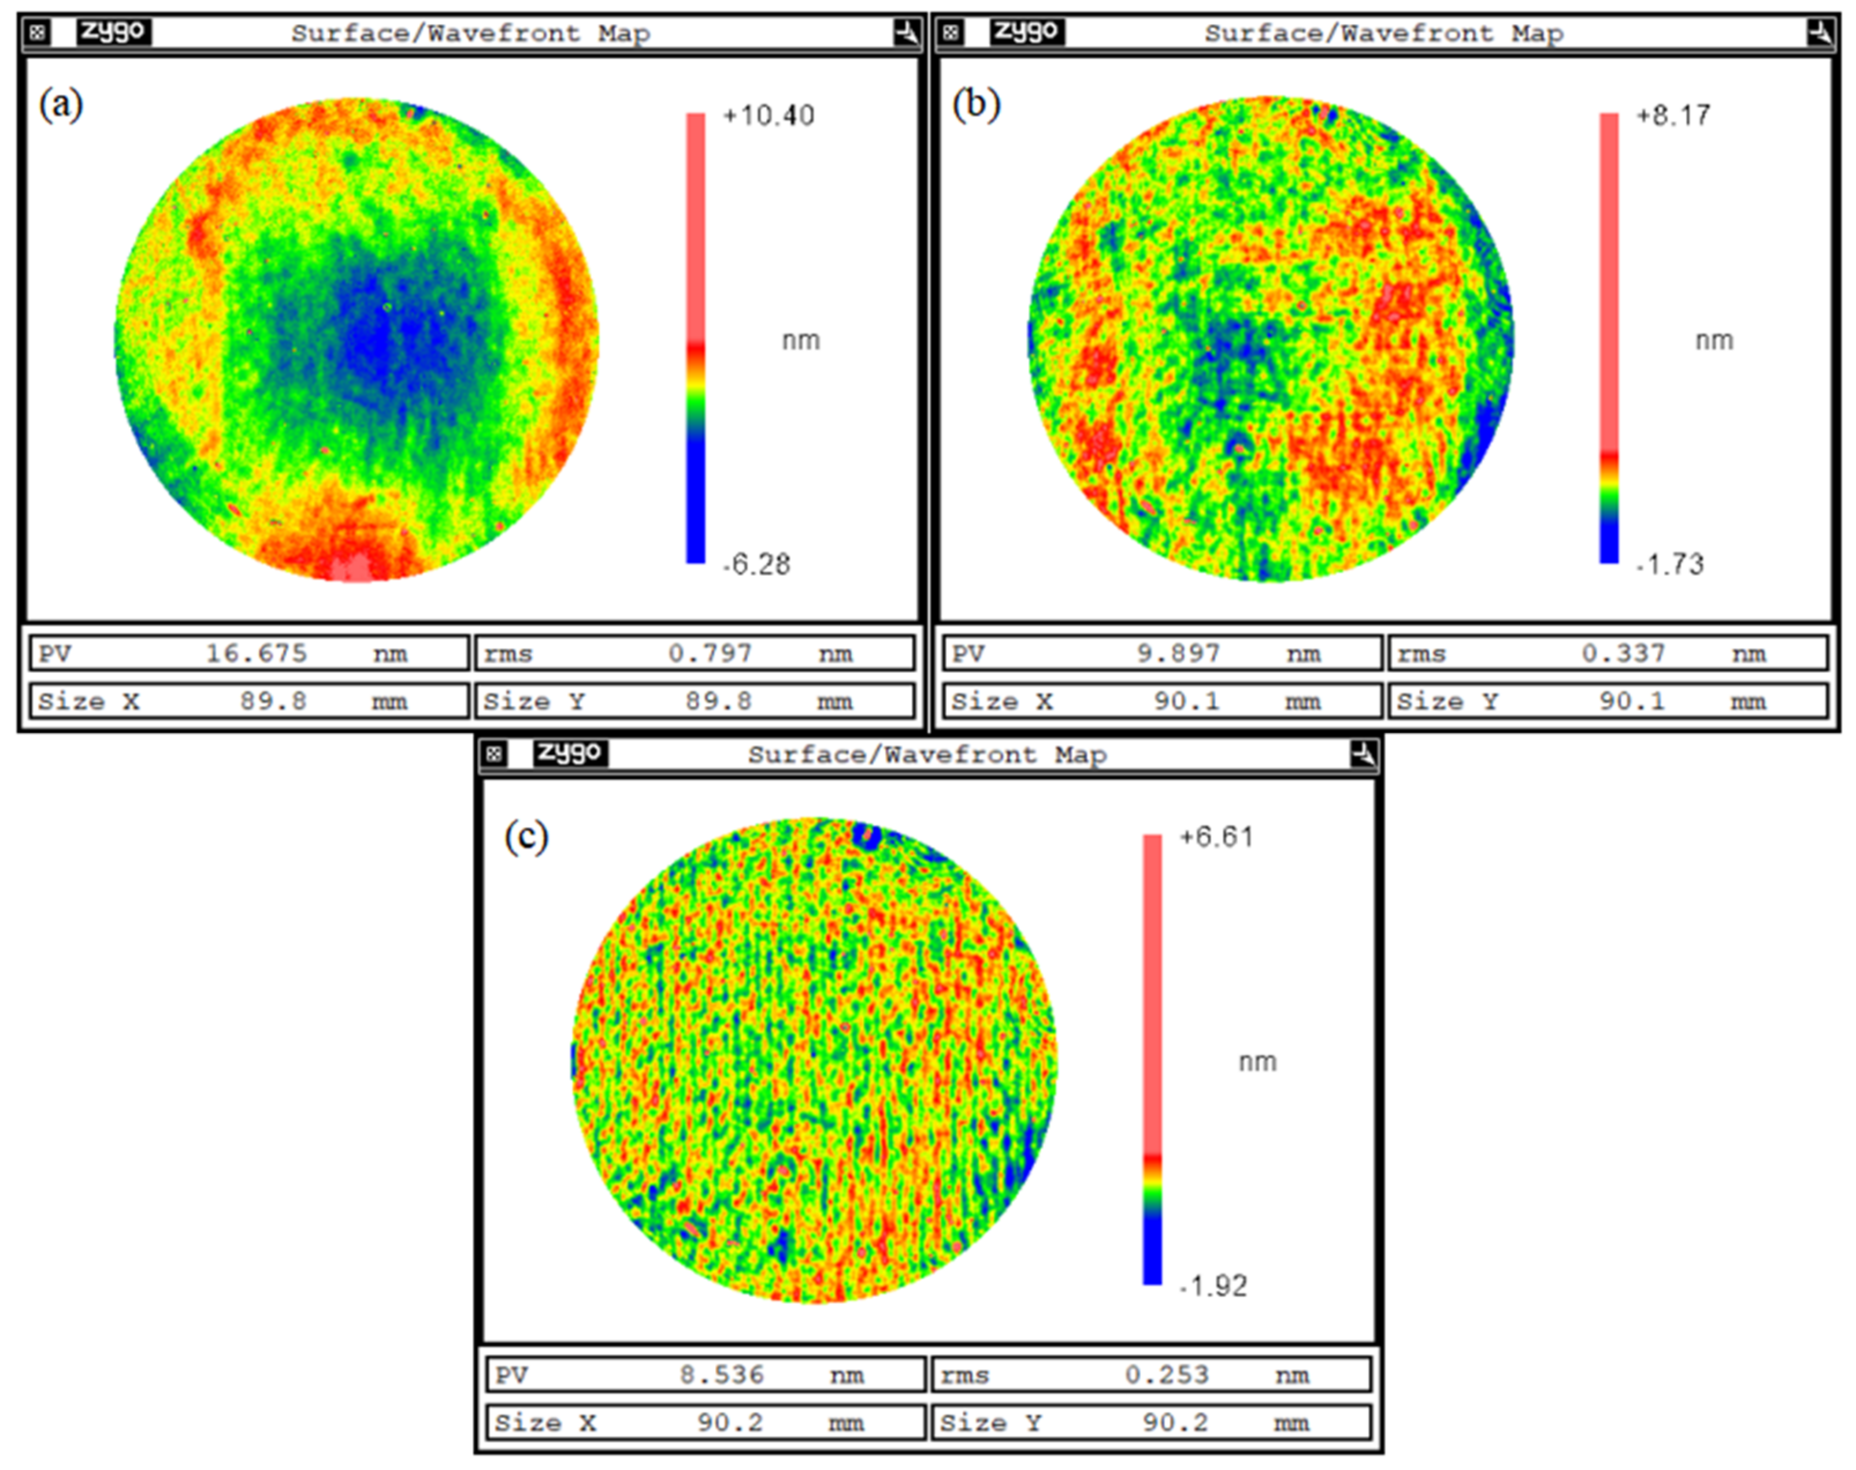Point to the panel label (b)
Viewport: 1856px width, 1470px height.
(976, 106)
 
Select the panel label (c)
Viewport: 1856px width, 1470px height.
(526, 837)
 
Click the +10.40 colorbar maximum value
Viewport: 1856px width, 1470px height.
(769, 116)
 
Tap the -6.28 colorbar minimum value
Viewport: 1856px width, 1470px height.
(756, 565)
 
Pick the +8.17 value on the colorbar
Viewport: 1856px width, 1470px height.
(1673, 116)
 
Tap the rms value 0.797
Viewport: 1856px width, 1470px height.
(710, 654)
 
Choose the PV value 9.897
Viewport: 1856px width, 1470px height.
(1178, 654)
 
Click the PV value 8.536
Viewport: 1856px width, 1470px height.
(721, 1375)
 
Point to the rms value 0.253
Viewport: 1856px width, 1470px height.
(1167, 1375)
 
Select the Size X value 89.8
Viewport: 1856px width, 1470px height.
(273, 701)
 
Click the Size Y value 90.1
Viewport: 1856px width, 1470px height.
(1632, 701)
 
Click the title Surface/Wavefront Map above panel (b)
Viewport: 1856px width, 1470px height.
(1383, 34)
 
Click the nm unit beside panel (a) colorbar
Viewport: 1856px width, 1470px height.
(800, 341)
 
